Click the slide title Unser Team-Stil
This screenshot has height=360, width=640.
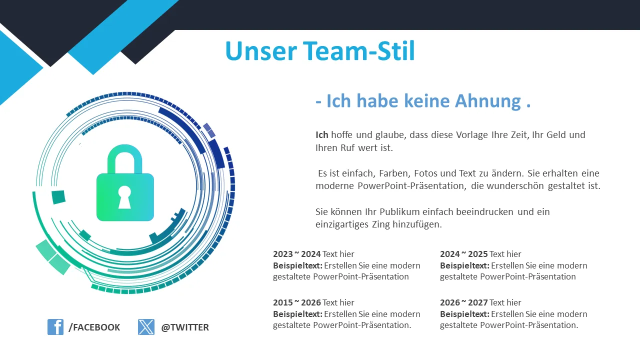tap(320, 51)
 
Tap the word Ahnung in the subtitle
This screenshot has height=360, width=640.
tap(488, 101)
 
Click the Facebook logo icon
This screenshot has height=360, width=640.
tap(55, 327)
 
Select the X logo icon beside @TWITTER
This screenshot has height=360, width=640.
tap(146, 327)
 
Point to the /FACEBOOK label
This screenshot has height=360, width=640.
tap(94, 327)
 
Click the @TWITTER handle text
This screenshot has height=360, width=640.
tap(185, 327)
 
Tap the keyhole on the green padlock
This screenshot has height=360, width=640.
tap(124, 197)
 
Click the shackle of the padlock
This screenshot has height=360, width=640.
tap(125, 159)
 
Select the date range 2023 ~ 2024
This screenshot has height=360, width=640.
tap(297, 254)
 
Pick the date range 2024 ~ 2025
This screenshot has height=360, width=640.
tap(463, 254)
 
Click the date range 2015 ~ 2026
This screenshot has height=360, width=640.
tap(297, 302)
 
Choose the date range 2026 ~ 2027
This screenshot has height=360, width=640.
tap(463, 302)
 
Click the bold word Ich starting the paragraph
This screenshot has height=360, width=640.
tap(321, 134)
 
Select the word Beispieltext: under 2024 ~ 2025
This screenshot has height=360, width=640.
tap(464, 265)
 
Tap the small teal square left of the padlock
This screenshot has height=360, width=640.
tap(58, 197)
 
